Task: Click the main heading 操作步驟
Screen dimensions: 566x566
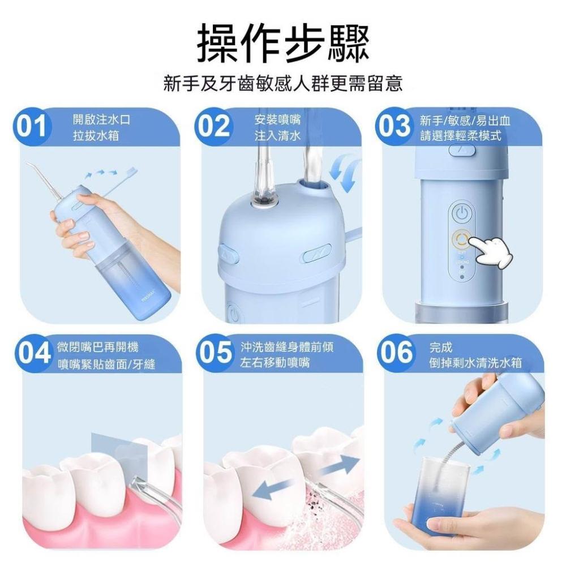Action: coord(282,42)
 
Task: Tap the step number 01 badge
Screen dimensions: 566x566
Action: coord(32,127)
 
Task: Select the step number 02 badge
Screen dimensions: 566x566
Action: coord(214,127)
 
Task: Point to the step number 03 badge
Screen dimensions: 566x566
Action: coord(394,127)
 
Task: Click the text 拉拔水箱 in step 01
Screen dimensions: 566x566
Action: coord(96,136)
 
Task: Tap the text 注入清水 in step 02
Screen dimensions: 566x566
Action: coord(277,136)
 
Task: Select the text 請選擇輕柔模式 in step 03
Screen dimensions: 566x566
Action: coord(461,136)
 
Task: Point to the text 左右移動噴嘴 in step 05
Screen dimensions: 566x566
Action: coord(275,362)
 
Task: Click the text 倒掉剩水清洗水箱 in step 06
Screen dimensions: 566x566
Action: coord(476,362)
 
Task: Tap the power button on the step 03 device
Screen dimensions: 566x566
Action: coord(462,213)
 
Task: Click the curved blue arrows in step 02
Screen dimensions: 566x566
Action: coord(344,172)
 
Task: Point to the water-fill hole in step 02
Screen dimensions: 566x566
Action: coord(312,186)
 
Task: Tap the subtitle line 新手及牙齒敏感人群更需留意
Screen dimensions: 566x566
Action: coord(282,84)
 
